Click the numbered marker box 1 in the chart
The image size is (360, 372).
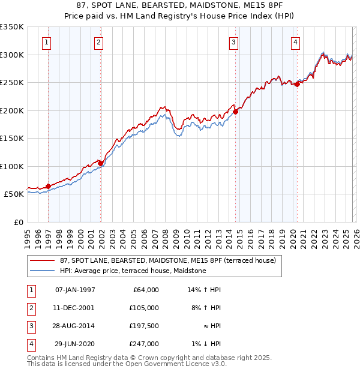[47, 42]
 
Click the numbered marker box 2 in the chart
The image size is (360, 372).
[98, 42]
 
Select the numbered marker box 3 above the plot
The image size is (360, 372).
[233, 42]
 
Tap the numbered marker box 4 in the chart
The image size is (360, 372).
[296, 42]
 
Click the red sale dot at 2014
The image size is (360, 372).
[236, 111]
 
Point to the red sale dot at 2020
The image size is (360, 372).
[297, 84]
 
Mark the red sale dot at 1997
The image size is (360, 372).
[49, 186]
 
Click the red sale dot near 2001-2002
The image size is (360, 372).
[101, 163]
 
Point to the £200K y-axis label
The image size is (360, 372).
[12, 110]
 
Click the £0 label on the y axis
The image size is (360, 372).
[18, 222]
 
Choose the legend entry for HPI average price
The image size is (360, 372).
[133, 271]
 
